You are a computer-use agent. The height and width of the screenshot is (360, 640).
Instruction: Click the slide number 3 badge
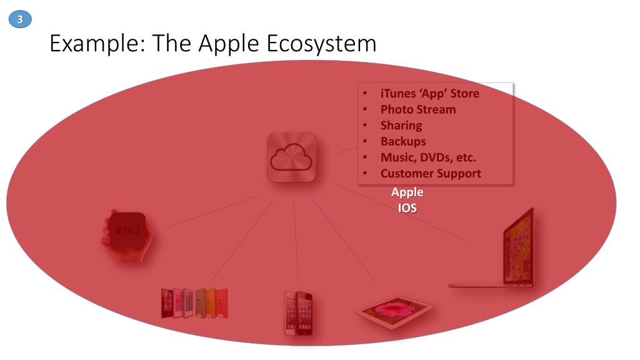20,20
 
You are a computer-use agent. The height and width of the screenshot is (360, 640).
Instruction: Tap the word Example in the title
96,44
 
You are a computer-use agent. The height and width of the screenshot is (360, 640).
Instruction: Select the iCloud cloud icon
291,158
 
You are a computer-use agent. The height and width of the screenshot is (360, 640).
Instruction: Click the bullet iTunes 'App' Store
429,94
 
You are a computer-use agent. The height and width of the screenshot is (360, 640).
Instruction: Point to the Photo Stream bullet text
417,109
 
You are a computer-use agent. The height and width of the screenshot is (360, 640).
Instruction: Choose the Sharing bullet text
401,126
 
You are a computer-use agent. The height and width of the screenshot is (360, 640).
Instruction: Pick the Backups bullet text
402,141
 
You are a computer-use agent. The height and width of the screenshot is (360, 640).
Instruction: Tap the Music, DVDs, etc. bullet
427,157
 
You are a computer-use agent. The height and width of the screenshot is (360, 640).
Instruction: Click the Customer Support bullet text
430,174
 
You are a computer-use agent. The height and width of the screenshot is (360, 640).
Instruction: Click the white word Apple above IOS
407,192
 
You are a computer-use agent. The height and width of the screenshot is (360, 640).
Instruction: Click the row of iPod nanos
194,303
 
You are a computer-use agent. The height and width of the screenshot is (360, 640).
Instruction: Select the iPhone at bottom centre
298,312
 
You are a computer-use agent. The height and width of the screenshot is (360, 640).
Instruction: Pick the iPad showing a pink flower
394,310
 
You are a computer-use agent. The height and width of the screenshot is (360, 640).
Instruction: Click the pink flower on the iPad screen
394,307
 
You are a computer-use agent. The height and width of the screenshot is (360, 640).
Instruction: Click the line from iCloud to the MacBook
400,212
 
